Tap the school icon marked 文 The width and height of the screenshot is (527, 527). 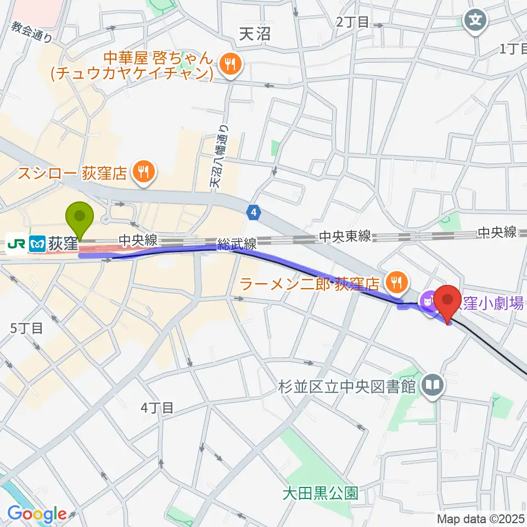(x=475, y=21)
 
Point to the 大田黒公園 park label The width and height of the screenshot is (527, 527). (x=320, y=492)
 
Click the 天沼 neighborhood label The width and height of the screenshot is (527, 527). (x=256, y=33)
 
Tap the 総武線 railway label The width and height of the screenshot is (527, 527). (x=237, y=245)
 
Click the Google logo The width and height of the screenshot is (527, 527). (x=37, y=514)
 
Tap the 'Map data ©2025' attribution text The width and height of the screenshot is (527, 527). (x=480, y=518)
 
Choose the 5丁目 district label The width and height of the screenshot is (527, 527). (x=26, y=328)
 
